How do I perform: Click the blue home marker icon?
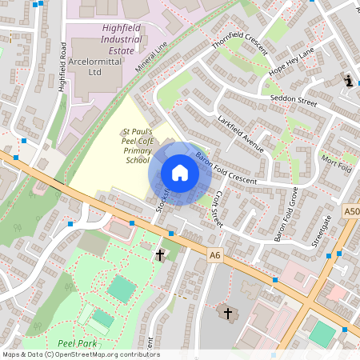180,173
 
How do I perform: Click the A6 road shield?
214,255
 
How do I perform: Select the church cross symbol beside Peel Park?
159,255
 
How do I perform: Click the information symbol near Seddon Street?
348,81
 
